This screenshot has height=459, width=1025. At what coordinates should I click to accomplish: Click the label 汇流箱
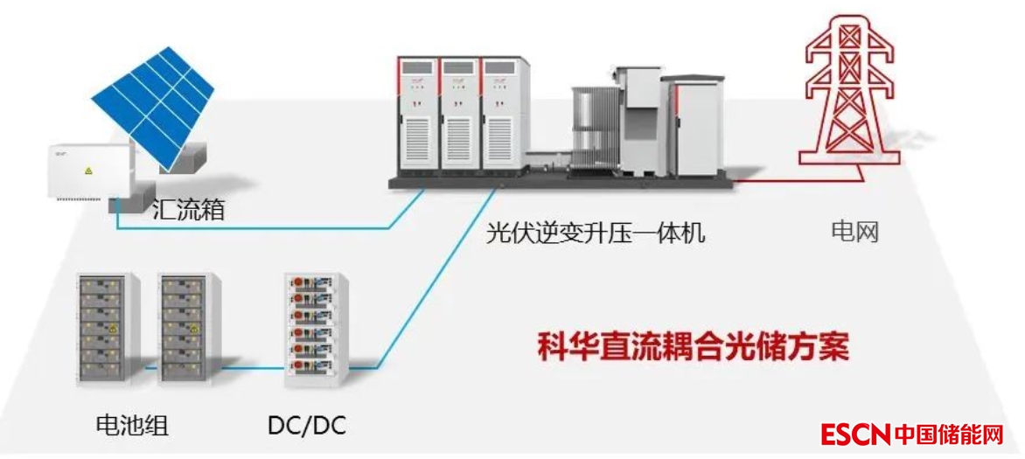point(188,210)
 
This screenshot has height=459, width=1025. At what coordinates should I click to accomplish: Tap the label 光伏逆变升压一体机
point(596,233)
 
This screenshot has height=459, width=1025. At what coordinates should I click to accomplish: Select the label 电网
point(854,232)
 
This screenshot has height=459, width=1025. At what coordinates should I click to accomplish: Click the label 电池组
point(131,426)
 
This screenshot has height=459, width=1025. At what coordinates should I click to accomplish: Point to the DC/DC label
point(307,426)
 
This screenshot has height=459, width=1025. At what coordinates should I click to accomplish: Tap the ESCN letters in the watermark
point(854,434)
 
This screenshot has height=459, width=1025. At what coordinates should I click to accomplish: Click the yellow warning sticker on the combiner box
point(87,170)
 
